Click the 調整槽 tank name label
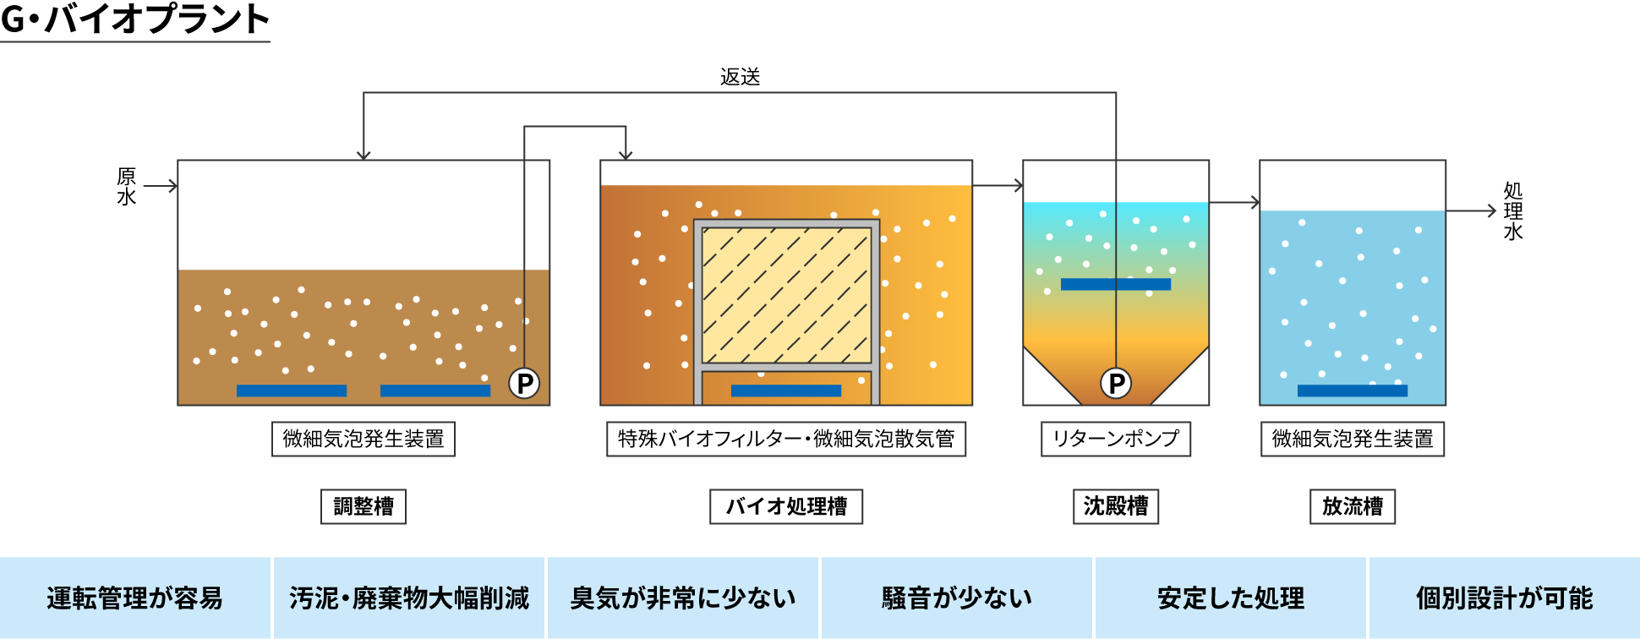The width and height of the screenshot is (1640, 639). pyautogui.click(x=364, y=506)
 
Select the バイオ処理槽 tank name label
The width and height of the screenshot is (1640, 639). pyautogui.click(x=786, y=506)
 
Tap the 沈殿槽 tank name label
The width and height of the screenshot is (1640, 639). pyautogui.click(x=1116, y=506)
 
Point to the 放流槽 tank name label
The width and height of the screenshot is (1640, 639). pyautogui.click(x=1353, y=506)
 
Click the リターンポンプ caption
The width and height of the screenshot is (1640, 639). pyautogui.click(x=1116, y=439)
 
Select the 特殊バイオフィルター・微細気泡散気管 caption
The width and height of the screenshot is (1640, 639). pyautogui.click(x=786, y=439)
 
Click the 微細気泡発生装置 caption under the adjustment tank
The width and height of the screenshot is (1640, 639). pyautogui.click(x=364, y=439)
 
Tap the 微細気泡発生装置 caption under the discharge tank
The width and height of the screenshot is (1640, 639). pyautogui.click(x=1353, y=439)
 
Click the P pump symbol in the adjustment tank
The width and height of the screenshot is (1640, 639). pyautogui.click(x=524, y=383)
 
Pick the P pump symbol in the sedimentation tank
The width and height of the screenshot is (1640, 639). pyautogui.click(x=1116, y=383)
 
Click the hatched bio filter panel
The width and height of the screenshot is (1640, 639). pyautogui.click(x=786, y=295)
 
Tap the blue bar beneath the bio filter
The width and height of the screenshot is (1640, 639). pyautogui.click(x=786, y=390)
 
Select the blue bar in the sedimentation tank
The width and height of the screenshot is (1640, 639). pyautogui.click(x=1116, y=284)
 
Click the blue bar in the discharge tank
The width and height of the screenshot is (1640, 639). pyautogui.click(x=1353, y=390)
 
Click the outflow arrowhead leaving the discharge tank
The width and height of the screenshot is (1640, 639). pyautogui.click(x=1491, y=210)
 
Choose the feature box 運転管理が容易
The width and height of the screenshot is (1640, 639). pyautogui.click(x=135, y=598)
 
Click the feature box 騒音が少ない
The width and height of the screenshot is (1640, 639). pyautogui.click(x=957, y=598)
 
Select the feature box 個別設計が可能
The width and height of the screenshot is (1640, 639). pyautogui.click(x=1505, y=598)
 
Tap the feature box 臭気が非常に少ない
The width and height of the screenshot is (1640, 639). pyautogui.click(x=683, y=598)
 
